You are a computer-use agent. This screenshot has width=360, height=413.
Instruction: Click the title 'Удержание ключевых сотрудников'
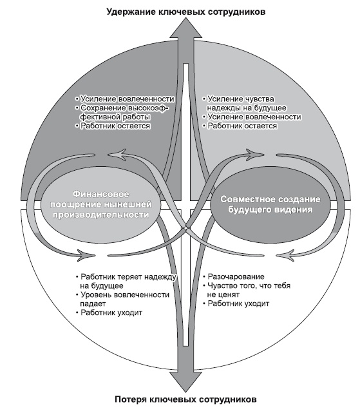[186, 12]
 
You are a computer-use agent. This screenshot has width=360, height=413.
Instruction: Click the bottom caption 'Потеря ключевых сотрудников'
[185, 399]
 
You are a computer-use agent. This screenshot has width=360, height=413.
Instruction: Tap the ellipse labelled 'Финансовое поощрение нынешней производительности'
[101, 204]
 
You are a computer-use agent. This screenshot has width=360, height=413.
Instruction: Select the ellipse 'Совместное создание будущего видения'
[270, 204]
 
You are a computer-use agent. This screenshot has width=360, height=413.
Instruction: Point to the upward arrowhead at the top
[186, 28]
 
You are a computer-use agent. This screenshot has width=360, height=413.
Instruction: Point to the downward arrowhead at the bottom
[186, 381]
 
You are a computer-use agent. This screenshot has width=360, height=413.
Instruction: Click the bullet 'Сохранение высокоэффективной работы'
[121, 112]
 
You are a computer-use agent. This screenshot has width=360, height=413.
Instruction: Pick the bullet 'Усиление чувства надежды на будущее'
[244, 103]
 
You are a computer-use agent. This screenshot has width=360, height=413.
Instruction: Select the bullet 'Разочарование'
[234, 276]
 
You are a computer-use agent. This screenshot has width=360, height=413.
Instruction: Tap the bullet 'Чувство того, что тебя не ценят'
[247, 290]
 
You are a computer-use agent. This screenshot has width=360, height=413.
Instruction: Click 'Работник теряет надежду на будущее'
[126, 281]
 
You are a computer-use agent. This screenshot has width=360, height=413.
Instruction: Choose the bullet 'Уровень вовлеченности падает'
[122, 299]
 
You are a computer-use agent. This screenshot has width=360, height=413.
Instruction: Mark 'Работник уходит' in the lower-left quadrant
[109, 312]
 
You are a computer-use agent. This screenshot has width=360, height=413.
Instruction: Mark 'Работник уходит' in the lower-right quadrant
[236, 303]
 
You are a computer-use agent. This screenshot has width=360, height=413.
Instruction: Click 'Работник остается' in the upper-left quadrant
[113, 126]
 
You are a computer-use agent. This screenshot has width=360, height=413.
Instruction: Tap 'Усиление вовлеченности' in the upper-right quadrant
[252, 117]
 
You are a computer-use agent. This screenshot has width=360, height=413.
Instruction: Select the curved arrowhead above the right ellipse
[255, 155]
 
